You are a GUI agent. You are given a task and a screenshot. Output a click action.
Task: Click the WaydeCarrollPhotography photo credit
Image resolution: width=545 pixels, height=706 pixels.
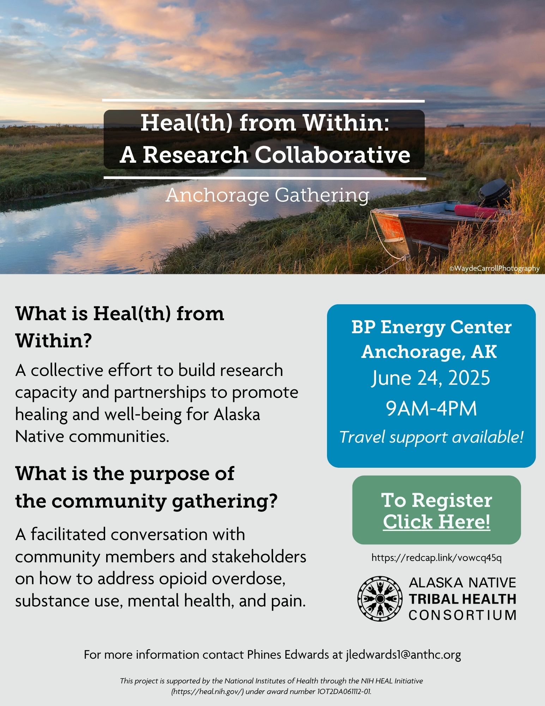494,269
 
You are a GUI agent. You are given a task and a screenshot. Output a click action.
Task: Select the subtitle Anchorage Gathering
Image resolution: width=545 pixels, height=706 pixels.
267,196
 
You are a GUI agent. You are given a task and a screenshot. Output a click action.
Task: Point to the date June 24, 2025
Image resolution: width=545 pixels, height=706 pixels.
431,378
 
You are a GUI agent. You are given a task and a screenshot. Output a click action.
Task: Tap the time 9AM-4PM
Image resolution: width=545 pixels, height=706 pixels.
431,408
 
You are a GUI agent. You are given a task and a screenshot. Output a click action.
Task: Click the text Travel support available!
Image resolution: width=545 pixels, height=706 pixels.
431,437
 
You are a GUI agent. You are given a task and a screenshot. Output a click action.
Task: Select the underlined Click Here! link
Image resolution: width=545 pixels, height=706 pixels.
436,522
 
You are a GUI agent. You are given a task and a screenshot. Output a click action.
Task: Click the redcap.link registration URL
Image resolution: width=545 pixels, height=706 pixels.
436,558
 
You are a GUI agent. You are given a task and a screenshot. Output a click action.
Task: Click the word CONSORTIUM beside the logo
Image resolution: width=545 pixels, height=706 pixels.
462,615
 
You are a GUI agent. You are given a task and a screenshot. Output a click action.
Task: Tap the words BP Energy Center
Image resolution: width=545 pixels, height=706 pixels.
431,328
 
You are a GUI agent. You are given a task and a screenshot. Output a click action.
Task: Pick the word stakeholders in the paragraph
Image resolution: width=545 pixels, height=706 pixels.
259,557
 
